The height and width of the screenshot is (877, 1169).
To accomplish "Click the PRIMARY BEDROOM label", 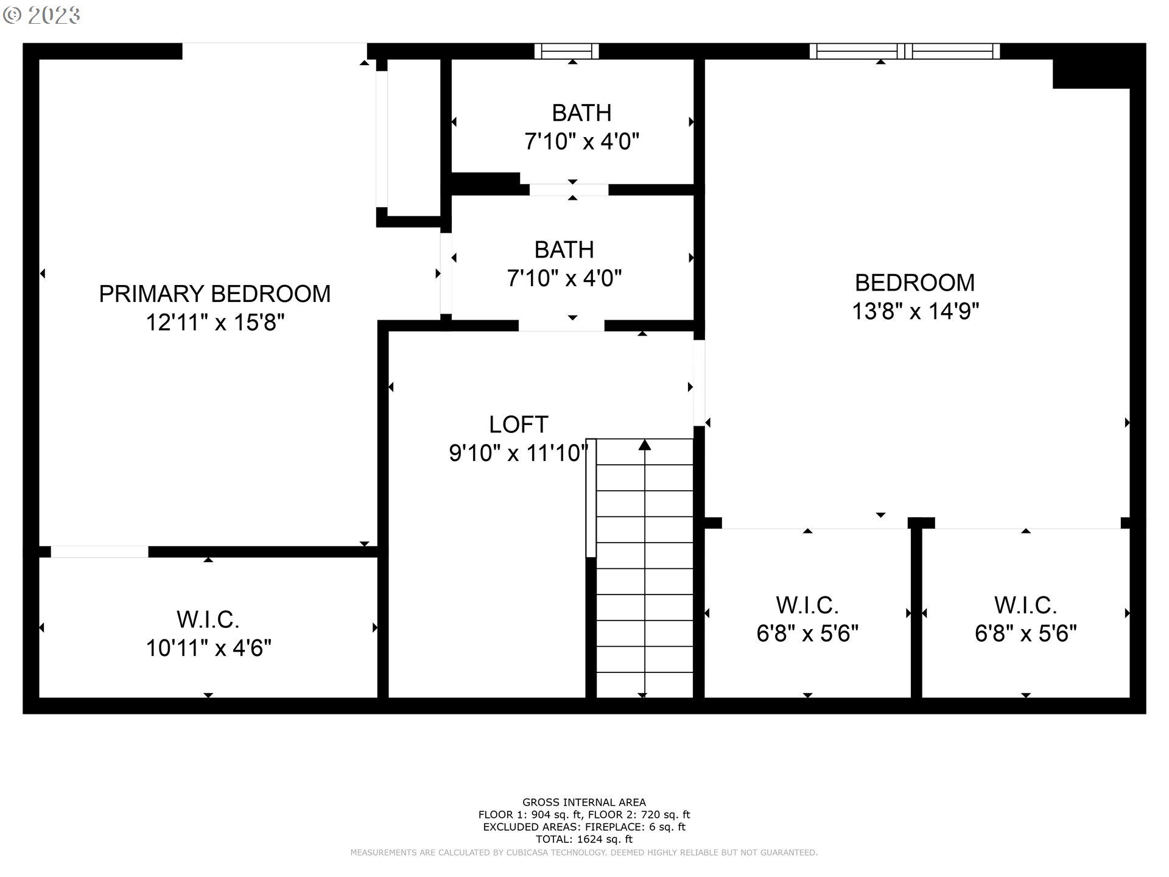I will tap(214, 294).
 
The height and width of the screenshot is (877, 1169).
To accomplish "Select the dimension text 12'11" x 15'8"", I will tap(214, 322).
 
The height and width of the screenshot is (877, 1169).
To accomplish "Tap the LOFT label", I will tap(518, 424).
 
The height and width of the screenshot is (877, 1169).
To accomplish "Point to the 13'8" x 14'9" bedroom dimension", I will tap(914, 311).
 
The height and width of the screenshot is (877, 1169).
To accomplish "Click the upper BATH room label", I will tap(581, 113).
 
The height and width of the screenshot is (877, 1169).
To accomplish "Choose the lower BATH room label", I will tap(564, 250).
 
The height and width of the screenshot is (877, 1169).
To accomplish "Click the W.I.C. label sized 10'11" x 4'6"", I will tap(208, 619).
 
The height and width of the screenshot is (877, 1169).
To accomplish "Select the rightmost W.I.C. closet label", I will tap(1025, 605).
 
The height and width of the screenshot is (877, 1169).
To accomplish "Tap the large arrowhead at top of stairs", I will tap(645, 445).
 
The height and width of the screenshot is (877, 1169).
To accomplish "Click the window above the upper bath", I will tap(566, 51).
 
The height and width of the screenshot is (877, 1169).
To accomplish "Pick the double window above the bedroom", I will tap(904, 51).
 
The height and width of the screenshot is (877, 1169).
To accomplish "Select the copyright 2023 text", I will tap(41, 16).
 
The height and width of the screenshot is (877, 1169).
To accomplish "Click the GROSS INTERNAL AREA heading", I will tap(584, 802).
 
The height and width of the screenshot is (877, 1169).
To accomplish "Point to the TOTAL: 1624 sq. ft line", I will tap(584, 839).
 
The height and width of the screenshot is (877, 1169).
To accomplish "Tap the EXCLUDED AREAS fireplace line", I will tap(584, 826).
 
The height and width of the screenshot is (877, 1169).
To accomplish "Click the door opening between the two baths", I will tap(569, 189).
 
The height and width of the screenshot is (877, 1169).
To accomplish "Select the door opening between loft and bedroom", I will tap(699, 382).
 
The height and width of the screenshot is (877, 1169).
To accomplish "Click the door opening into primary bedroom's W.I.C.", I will tap(99, 552).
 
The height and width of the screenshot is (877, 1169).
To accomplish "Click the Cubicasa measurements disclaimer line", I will tap(584, 853).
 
